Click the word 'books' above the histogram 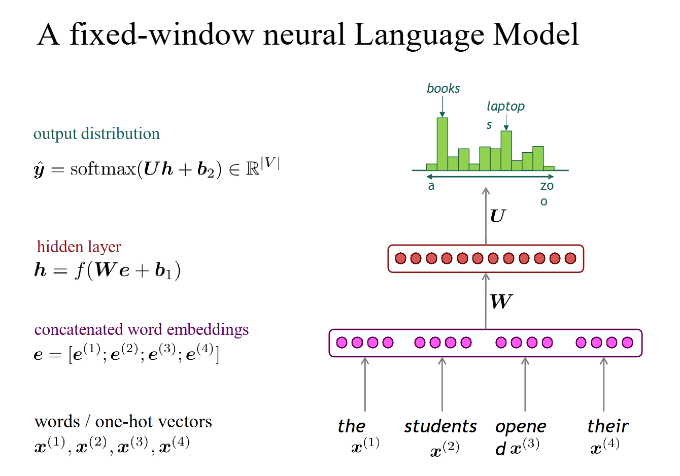pyautogui.click(x=443, y=89)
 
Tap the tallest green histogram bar pyautogui.click(x=442, y=144)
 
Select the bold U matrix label pyautogui.click(x=497, y=216)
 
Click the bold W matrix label pyautogui.click(x=501, y=302)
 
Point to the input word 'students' pyautogui.click(x=440, y=426)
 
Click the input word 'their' pyautogui.click(x=607, y=426)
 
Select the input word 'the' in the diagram pyautogui.click(x=351, y=426)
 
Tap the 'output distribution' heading pyautogui.click(x=96, y=134)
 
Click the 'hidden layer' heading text pyautogui.click(x=79, y=247)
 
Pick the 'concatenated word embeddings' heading pyautogui.click(x=141, y=330)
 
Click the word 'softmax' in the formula pyautogui.click(x=103, y=168)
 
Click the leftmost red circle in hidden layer pyautogui.click(x=400, y=258)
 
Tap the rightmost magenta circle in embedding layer pyautogui.click(x=628, y=343)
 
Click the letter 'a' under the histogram pyautogui.click(x=431, y=186)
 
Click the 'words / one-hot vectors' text pyautogui.click(x=123, y=422)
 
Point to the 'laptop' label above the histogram pyautogui.click(x=505, y=107)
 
